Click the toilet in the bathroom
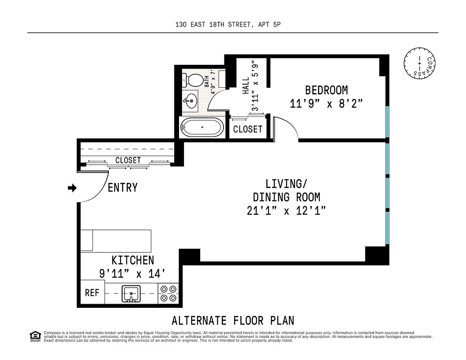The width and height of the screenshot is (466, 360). [192, 81]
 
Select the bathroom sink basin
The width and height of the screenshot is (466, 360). [191, 100]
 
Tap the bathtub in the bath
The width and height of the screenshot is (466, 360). [202, 127]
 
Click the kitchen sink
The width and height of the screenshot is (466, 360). [131, 293]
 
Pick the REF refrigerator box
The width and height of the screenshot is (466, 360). [92, 293]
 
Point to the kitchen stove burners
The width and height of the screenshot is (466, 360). [169, 293]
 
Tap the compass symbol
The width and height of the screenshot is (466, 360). [420, 63]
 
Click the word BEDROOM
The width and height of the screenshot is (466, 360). [326, 90]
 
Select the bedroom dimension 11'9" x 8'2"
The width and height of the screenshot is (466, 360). [326, 103]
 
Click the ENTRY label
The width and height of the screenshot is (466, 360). [122, 188]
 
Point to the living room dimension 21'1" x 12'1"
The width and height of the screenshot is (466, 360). [286, 211]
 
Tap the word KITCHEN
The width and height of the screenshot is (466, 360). [133, 260]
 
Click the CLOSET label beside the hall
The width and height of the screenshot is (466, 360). [248, 129]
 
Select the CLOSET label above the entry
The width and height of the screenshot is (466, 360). [128, 160]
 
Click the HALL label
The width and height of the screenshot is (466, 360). [246, 85]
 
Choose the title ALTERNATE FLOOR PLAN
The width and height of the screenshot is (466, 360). [233, 320]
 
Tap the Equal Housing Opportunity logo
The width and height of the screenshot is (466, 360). [34, 336]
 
